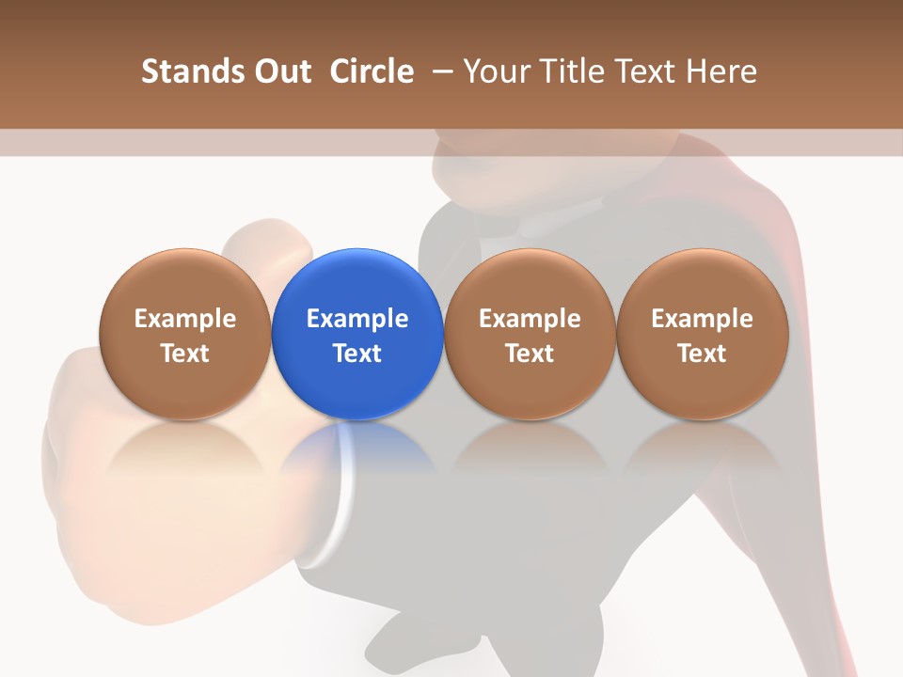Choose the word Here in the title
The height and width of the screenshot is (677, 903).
pos(721,71)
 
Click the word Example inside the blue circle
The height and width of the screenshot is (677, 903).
pos(357,319)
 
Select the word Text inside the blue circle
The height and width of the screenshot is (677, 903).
pos(357,354)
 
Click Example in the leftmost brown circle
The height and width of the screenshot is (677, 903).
pos(185,319)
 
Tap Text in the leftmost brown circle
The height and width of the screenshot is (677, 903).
pos(185,354)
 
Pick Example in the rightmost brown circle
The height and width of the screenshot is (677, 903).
pos(702,319)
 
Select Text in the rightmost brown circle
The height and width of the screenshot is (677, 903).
pos(702,354)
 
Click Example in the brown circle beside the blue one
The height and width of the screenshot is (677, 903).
pos(530,319)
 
